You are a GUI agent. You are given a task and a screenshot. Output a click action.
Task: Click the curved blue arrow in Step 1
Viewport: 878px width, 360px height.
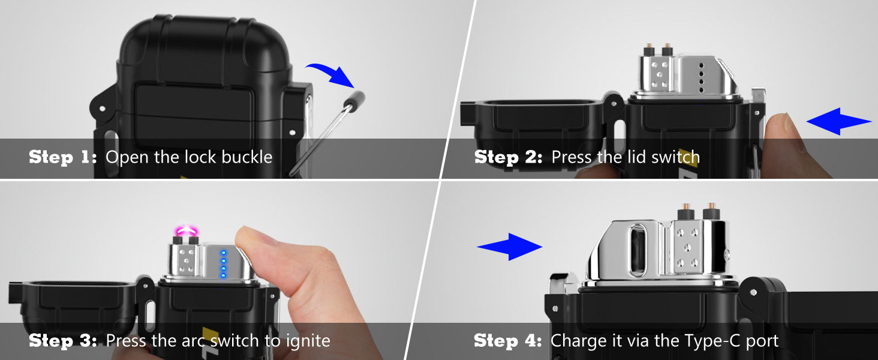pos(333,73)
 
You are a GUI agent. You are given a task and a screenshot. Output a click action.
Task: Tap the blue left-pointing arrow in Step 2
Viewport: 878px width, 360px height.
pos(839,122)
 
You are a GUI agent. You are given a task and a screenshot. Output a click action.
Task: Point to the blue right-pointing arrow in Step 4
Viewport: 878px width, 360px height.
pos(510,247)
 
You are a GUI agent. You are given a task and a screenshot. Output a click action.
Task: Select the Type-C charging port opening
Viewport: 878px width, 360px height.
pos(638,250)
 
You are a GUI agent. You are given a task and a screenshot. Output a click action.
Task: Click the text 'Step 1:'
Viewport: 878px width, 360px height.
pos(63,157)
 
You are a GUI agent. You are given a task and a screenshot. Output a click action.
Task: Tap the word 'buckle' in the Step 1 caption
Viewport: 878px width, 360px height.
pos(246,157)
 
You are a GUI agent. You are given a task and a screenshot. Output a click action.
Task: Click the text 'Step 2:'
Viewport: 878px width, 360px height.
pos(509,157)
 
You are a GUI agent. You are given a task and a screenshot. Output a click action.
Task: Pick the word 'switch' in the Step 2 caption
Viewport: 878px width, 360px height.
pos(675,157)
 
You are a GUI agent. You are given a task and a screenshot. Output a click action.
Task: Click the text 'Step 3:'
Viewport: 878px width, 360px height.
pos(63,340)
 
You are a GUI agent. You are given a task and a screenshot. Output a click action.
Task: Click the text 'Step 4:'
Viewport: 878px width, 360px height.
pos(508,340)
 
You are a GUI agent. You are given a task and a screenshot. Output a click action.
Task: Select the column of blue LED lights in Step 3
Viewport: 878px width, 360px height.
pos(224,264)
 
